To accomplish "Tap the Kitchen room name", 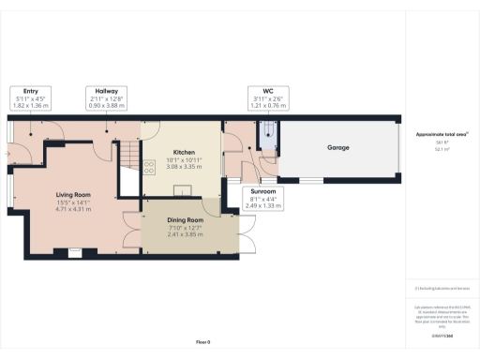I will [x=183, y=152].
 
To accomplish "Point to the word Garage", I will [x=338, y=148].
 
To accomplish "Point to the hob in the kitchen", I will [x=148, y=167].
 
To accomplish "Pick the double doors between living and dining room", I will [x=132, y=231].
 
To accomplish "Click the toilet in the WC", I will [x=266, y=132].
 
